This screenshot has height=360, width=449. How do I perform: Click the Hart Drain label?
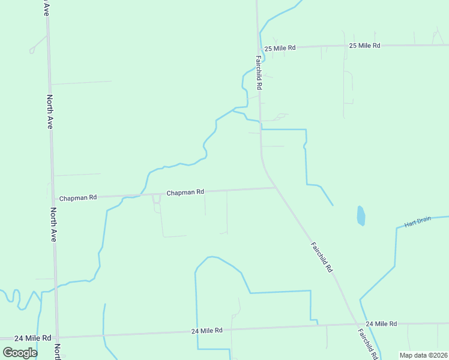418,222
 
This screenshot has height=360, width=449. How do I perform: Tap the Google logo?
20,353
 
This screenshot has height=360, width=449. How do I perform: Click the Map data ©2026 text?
423,355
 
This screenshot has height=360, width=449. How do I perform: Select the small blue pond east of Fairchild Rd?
361,216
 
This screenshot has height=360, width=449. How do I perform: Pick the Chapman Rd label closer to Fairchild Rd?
185,193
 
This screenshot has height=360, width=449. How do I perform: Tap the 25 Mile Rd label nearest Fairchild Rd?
280,47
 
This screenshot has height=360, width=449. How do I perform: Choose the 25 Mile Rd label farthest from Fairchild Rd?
365,46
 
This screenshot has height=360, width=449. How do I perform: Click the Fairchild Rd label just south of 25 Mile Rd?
259,73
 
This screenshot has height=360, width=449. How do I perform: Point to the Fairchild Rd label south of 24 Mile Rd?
367,343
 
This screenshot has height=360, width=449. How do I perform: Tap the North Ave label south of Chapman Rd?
53,224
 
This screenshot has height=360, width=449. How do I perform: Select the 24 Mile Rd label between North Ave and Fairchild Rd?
207,331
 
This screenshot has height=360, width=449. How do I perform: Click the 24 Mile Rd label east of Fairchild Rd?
381,323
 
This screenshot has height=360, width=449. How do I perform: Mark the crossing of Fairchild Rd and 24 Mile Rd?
354,325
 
